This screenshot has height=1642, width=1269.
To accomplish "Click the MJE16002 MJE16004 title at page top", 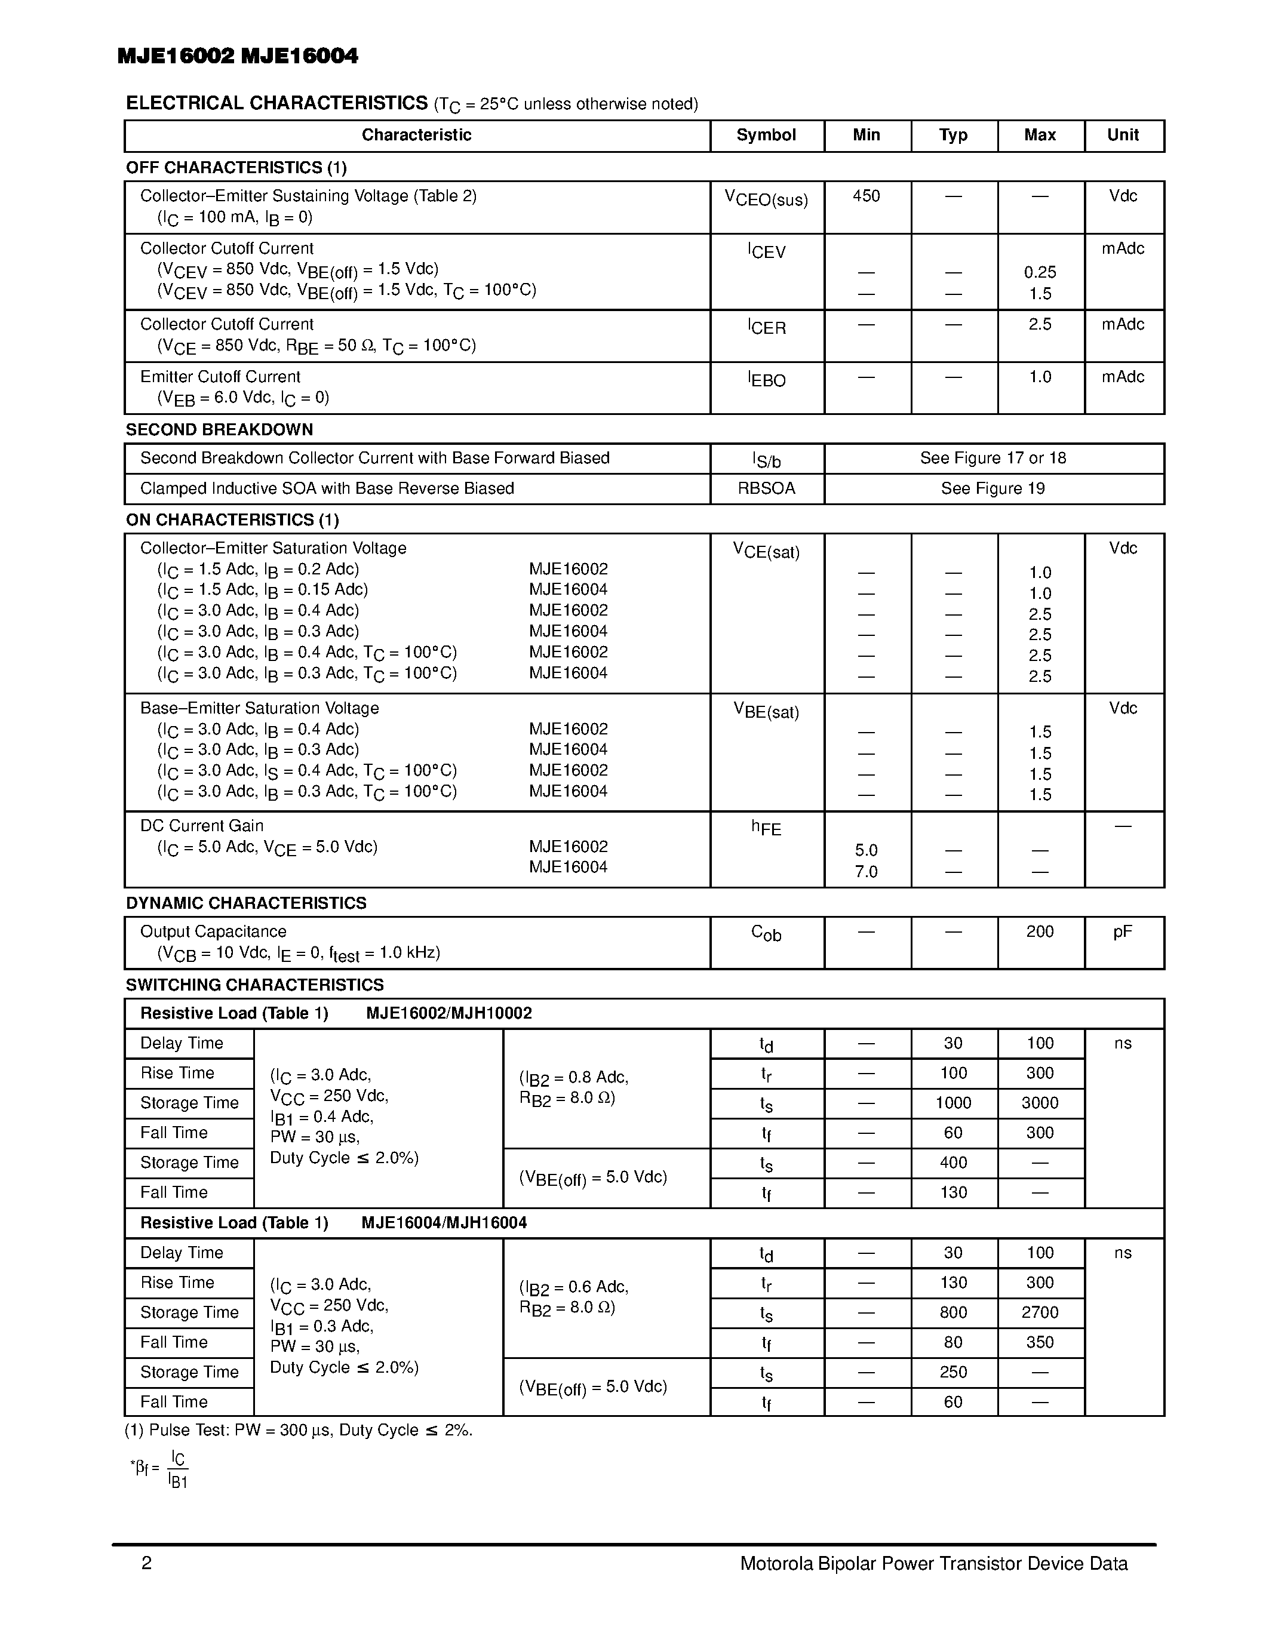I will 238,56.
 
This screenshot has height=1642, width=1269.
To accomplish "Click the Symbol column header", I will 766,136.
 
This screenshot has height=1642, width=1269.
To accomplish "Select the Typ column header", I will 952,136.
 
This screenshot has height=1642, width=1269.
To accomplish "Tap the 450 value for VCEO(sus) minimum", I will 865,196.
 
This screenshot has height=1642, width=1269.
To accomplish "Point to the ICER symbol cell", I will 766,327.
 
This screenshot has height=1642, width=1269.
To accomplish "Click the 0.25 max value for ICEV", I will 1039,273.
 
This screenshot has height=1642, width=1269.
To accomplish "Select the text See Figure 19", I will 993,488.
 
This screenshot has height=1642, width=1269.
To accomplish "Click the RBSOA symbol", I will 766,488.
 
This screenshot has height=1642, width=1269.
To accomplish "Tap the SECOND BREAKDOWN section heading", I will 219,430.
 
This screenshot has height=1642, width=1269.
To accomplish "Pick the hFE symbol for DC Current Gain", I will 766,828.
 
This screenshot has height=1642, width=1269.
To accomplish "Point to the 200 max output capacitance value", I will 1039,932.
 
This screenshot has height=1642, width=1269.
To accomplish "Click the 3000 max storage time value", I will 1039,1103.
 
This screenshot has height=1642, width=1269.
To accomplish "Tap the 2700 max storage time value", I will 1039,1312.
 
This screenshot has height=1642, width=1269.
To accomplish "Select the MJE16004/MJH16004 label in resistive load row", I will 444,1223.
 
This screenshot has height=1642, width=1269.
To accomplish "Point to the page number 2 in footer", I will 146,1564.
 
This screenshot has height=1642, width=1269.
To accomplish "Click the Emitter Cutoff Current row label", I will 220,377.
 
